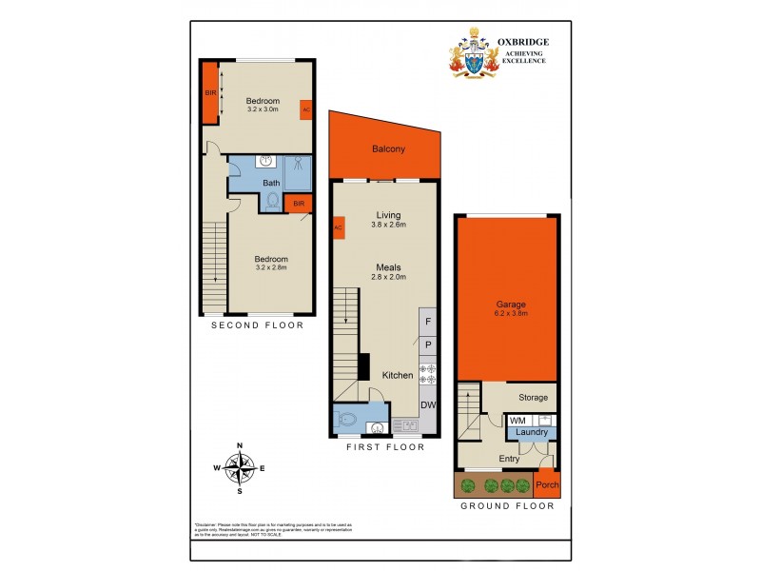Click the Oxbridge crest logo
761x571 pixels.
point(473,54)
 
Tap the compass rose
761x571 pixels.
point(241,466)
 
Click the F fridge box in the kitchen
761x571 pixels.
point(428,323)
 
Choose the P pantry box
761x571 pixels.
point(428,345)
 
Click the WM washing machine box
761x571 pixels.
point(518,420)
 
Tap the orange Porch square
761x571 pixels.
point(547,485)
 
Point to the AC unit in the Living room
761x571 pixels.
point(337,228)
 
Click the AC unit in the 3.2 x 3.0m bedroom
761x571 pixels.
point(305,109)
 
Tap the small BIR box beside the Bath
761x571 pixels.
point(299,204)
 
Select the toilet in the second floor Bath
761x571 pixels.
point(274,201)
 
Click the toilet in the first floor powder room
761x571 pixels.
point(345,419)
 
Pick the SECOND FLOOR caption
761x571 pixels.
point(257,325)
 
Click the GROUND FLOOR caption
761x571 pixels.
point(507,506)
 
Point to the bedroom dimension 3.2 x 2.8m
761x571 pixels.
point(270,267)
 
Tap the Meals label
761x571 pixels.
point(388,267)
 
